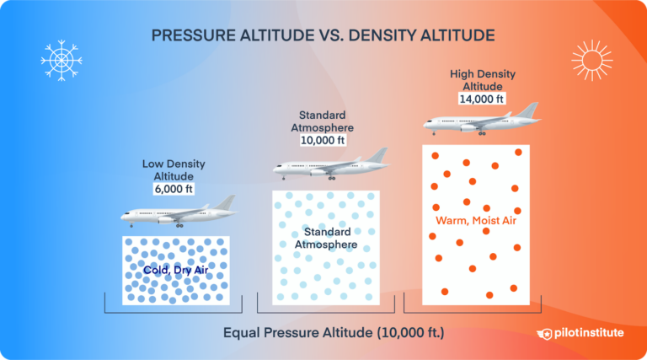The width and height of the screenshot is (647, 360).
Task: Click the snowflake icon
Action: coord(60,60)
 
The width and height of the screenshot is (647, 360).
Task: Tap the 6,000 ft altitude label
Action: coord(174,190)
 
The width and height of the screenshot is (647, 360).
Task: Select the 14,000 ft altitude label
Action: coord(482,99)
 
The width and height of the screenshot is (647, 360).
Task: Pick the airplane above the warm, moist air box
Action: coord(480,121)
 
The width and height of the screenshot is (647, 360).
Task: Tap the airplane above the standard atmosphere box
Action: coord(329,166)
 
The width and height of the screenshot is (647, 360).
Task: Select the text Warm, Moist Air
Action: coord(475,221)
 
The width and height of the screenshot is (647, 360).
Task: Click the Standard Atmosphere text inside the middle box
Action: coord(325,238)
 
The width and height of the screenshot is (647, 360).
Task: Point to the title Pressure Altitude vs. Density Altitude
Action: coord(323,35)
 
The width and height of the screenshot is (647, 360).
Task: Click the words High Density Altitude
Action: coord(482,79)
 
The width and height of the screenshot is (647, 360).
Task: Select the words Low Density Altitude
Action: coord(174,169)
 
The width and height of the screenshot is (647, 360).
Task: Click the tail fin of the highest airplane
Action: coord(528,110)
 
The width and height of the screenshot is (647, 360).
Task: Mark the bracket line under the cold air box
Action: coord(174,313)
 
